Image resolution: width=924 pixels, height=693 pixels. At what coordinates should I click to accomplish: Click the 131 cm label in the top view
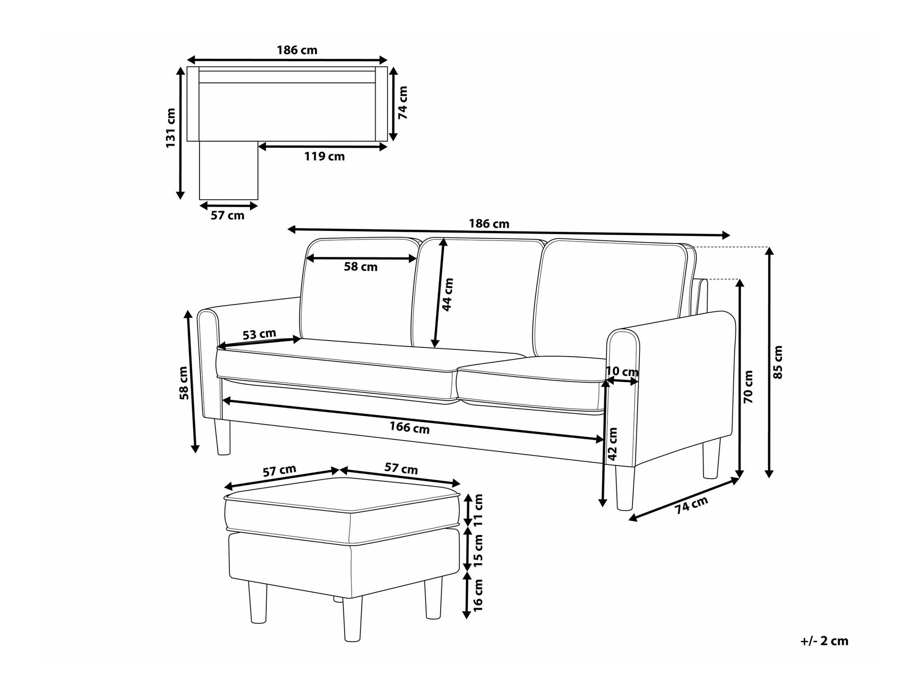(x=171, y=128)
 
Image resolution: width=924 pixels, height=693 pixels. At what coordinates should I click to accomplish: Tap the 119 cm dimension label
(x=324, y=157)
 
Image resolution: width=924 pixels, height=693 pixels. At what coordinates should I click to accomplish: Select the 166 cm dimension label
(x=409, y=428)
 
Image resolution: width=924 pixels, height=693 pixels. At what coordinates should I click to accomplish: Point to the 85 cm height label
(x=778, y=362)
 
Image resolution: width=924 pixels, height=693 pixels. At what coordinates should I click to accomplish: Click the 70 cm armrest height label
(x=748, y=387)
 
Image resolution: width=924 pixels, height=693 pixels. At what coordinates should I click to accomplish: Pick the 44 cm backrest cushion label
(x=448, y=294)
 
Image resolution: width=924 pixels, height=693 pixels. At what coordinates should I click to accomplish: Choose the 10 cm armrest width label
(x=622, y=371)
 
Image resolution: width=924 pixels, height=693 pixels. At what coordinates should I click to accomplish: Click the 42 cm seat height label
(x=613, y=444)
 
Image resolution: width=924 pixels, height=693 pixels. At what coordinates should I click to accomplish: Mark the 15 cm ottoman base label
(x=478, y=551)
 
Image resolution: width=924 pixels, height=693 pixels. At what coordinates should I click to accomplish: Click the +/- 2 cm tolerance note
(x=824, y=641)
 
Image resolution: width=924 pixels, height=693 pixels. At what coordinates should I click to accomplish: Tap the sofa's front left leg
(x=222, y=437)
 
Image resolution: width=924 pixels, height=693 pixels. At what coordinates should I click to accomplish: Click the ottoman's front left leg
(x=258, y=603)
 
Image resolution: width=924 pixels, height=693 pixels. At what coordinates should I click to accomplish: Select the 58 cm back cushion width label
(x=361, y=267)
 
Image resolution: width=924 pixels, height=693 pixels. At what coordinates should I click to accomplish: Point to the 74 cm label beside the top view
(x=403, y=103)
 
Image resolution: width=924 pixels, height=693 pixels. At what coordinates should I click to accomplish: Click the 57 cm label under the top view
(x=227, y=215)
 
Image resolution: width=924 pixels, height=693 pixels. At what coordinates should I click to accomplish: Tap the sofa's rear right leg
(x=711, y=459)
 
